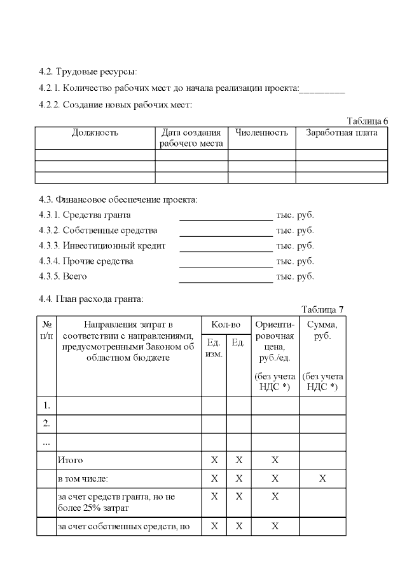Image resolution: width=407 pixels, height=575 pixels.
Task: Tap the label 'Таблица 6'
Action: [x=367, y=121]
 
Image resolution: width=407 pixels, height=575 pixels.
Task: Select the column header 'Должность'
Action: [x=95, y=133]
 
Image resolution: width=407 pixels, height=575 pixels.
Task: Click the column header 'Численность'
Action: [x=261, y=133]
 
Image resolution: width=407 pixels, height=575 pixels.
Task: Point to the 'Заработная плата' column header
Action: [x=341, y=133]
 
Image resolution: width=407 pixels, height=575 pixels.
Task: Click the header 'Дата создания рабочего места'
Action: [x=191, y=139]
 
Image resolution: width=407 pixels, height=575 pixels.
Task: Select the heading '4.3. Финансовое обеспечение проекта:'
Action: [x=118, y=200]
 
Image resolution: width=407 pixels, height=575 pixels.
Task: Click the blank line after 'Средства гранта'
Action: [x=226, y=215]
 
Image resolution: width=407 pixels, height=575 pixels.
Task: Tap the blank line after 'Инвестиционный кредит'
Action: [x=226, y=246]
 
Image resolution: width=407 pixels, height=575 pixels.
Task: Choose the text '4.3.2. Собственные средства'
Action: [x=98, y=231]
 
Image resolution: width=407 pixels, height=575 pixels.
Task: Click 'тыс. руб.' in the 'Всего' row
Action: [x=295, y=276]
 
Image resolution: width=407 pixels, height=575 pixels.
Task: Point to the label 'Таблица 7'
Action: [x=322, y=309]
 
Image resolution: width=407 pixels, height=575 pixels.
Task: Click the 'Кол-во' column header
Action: [x=226, y=325]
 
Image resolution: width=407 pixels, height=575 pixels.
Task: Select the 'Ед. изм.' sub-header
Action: [x=214, y=348]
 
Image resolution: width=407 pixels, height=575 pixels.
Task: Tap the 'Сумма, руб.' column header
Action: [x=322, y=330]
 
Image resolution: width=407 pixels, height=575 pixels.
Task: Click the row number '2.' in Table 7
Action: [x=46, y=423]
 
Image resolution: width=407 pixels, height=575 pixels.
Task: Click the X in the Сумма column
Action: [x=322, y=478]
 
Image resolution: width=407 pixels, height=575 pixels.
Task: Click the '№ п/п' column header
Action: [x=46, y=330]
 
